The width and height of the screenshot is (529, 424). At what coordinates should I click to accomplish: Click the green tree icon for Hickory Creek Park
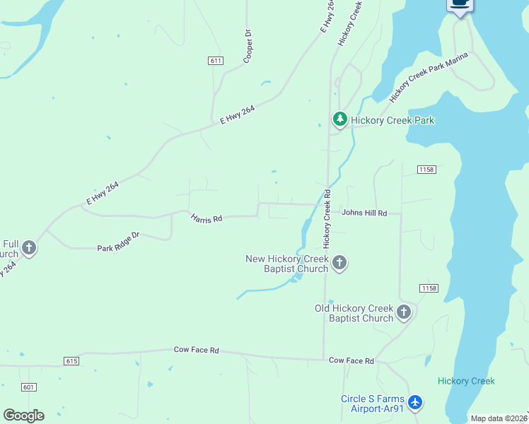click(x=340, y=120)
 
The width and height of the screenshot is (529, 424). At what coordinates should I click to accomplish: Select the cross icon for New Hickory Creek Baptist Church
click(x=339, y=264)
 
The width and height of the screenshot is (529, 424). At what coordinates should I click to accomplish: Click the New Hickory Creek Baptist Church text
click(x=286, y=264)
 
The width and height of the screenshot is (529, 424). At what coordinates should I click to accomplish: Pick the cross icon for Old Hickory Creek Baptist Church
click(x=403, y=312)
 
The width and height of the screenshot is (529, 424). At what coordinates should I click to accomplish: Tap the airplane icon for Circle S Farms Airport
click(x=415, y=403)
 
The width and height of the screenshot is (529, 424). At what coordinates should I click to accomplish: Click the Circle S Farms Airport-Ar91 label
click(x=372, y=404)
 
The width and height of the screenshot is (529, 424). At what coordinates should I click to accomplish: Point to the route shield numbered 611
click(x=216, y=61)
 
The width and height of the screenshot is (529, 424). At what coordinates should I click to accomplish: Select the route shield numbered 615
click(x=71, y=361)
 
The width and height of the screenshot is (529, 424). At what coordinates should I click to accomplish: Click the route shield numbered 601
click(x=28, y=387)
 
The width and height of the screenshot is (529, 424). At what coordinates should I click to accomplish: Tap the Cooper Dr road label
click(x=248, y=47)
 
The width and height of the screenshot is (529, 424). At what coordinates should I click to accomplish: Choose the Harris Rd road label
click(x=207, y=218)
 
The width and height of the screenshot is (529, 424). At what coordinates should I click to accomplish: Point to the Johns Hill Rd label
click(x=364, y=213)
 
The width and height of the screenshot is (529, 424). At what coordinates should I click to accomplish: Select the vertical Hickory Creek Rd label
click(x=327, y=218)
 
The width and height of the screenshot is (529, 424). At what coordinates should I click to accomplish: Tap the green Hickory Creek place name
click(x=466, y=381)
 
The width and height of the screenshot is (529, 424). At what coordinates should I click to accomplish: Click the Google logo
click(x=23, y=415)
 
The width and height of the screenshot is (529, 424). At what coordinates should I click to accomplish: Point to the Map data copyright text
click(x=499, y=418)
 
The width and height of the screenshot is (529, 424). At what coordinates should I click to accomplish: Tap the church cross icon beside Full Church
click(x=28, y=247)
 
